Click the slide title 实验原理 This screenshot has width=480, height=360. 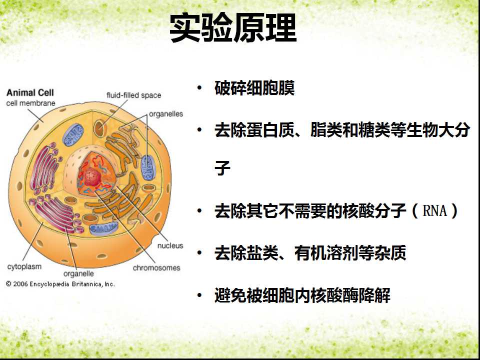(233, 28)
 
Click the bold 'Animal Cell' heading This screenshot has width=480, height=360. (30, 92)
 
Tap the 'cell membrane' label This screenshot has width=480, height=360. (30, 103)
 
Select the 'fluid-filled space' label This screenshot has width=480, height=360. (134, 95)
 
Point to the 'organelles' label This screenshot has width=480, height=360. (166, 114)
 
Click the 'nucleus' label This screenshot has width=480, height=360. (170, 245)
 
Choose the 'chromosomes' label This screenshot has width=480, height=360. (156, 268)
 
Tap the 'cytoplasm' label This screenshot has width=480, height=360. (24, 266)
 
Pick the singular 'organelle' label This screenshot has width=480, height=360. (78, 273)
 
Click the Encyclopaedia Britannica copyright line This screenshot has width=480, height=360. (60, 284)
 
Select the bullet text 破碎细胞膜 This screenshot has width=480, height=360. (254, 88)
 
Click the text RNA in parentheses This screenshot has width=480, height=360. (434, 210)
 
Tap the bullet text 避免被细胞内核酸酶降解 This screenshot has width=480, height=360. (302, 295)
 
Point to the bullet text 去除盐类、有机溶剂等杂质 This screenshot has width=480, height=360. (310, 253)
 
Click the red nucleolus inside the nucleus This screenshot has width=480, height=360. (93, 176)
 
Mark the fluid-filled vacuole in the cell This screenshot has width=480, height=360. (99, 128)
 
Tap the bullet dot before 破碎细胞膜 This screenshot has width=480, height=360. (199, 88)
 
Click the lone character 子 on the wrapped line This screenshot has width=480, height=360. (222, 168)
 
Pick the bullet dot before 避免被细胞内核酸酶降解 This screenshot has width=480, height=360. (199, 295)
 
